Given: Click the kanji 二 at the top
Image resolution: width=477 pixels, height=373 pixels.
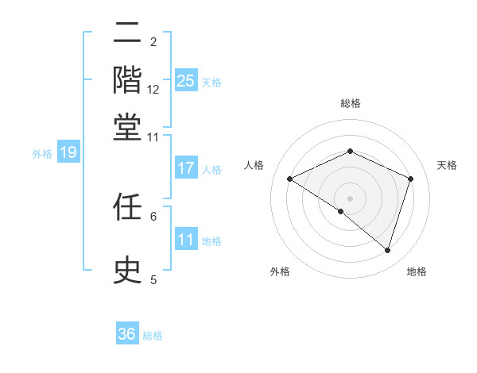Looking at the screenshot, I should [127, 36].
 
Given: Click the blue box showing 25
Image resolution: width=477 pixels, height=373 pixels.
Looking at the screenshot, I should [186, 80].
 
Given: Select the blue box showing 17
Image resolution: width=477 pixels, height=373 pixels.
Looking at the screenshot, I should [186, 168].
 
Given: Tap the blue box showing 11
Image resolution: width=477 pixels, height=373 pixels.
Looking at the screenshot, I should [186, 240].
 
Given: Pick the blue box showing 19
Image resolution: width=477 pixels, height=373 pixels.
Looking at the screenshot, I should [68, 153].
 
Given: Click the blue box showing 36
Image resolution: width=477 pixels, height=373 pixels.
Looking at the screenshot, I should [127, 334].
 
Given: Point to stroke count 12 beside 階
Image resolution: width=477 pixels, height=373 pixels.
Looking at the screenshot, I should [153, 90].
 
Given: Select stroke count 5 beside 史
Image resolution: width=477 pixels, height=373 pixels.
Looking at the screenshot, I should [153, 279].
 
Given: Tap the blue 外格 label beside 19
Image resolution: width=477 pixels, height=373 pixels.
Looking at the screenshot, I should [42, 154].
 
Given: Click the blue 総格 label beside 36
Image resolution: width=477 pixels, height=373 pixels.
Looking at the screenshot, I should [153, 336].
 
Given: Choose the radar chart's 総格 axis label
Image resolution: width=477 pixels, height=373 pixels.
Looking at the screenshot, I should [350, 104].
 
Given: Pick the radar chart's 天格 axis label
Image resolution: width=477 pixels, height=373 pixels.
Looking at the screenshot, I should [447, 165].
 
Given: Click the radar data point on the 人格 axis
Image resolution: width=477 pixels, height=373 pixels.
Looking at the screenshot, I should [289, 179].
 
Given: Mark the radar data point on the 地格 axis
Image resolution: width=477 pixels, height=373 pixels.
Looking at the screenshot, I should [387, 251].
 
